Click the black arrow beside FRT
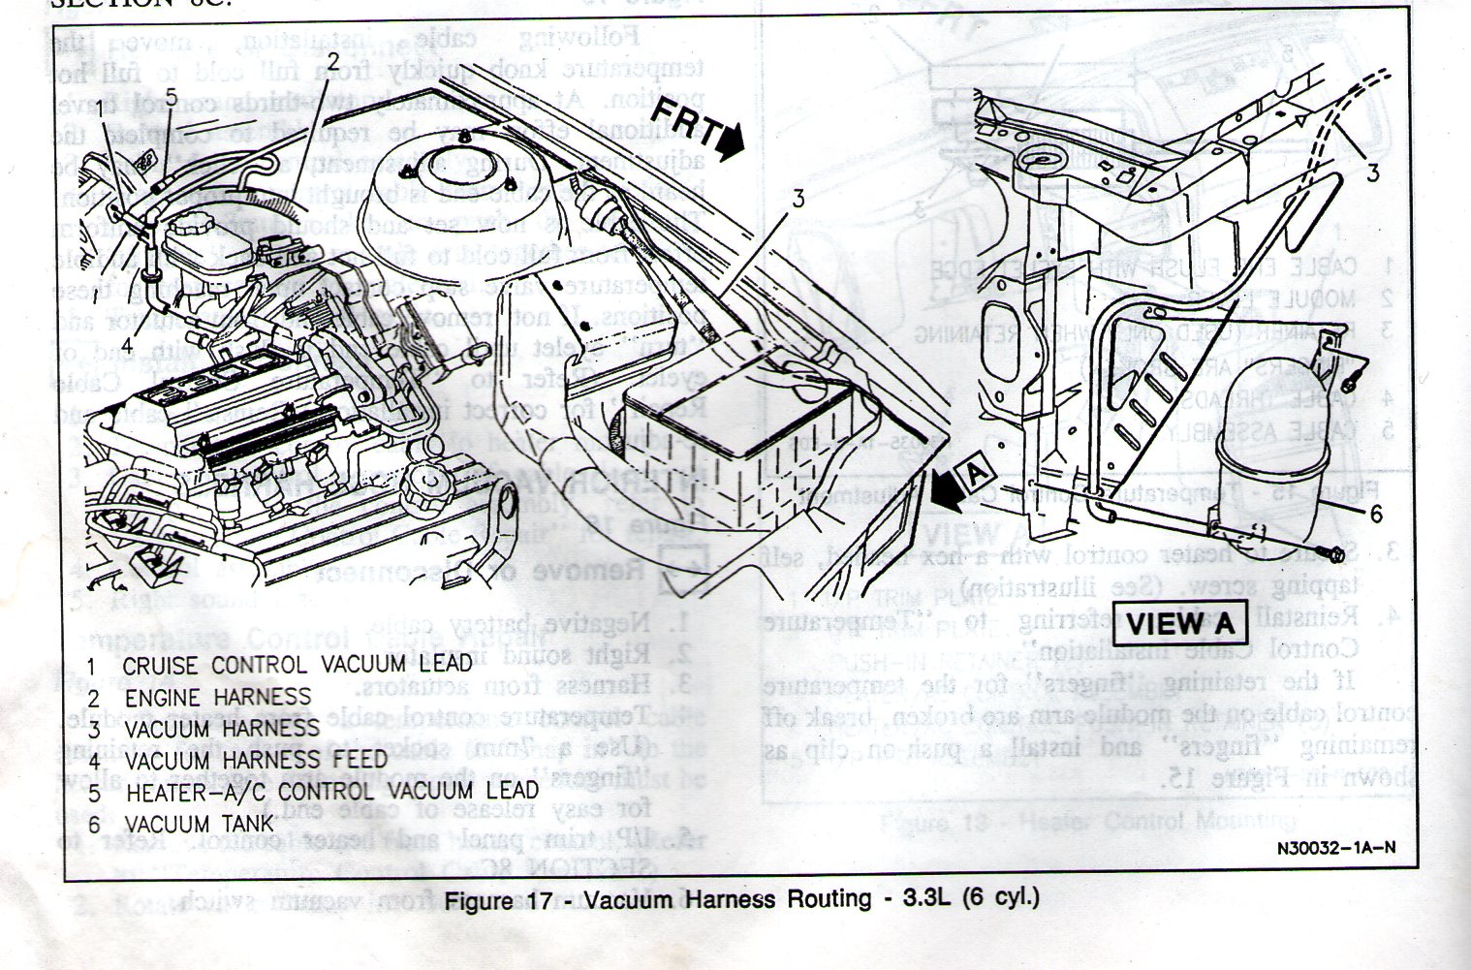click(732, 143)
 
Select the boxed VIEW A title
click(1180, 622)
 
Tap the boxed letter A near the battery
click(976, 475)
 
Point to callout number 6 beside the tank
click(1375, 514)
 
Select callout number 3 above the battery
click(798, 200)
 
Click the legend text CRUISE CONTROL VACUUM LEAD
click(297, 665)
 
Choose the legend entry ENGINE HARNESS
click(217, 697)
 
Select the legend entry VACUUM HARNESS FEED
click(255, 761)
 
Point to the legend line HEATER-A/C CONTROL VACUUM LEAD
click(330, 793)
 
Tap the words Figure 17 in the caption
click(495, 899)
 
